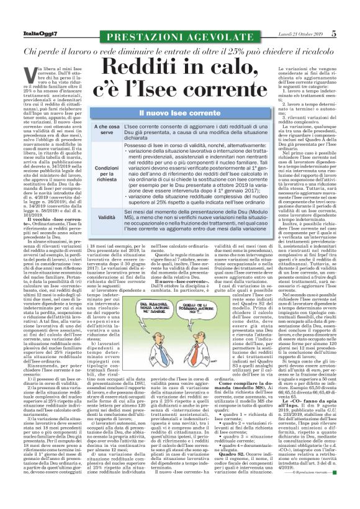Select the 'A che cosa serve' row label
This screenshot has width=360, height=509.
point(107,128)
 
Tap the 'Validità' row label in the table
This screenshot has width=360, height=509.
point(107,218)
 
